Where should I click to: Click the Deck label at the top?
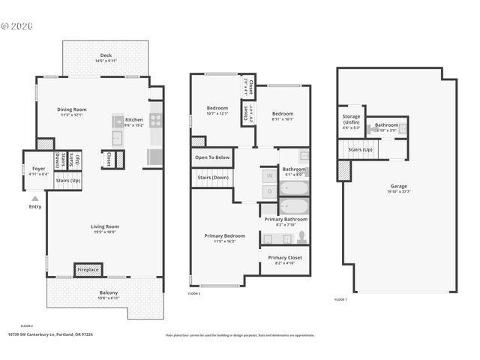[x=105, y=56]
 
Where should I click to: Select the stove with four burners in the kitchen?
[x=156, y=119]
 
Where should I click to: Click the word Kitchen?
[x=133, y=119]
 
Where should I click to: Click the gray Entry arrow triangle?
[x=34, y=198]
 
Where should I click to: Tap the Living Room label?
[x=105, y=226]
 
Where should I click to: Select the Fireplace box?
[x=88, y=269]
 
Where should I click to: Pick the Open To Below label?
[x=212, y=157]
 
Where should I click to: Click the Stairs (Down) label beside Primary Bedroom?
[x=212, y=177]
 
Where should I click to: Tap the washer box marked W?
[x=268, y=176]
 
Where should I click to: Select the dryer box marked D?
[x=268, y=193]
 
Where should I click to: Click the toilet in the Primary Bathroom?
[x=301, y=238]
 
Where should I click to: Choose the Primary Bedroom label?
[x=224, y=235]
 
